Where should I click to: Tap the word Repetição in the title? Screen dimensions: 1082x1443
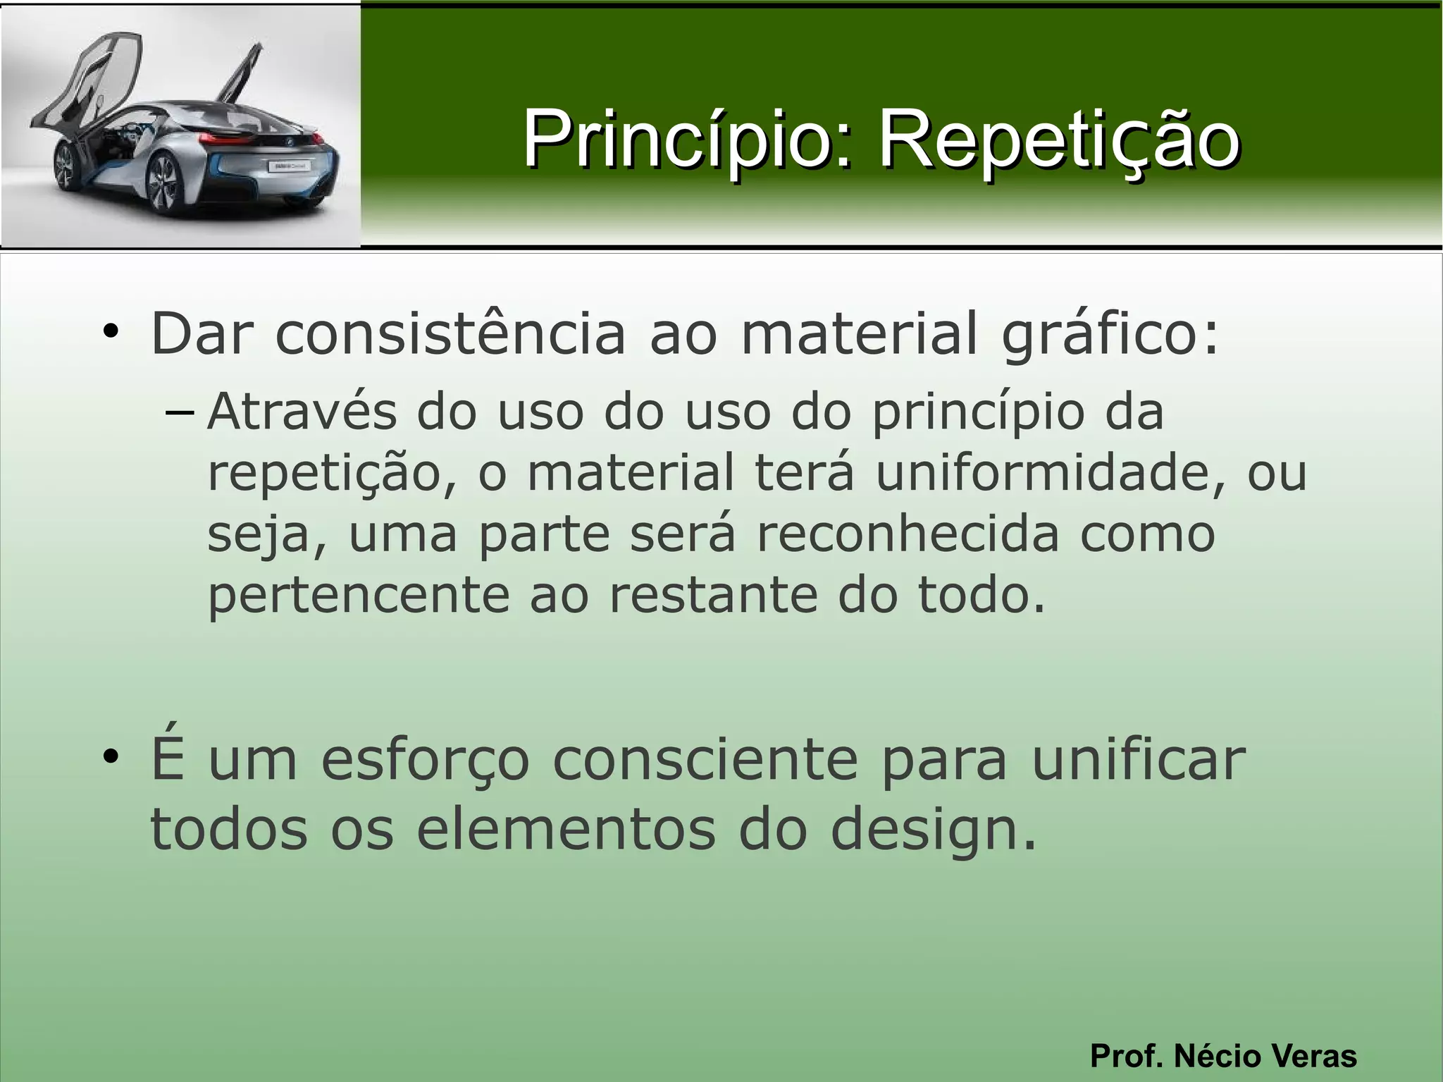click(1058, 139)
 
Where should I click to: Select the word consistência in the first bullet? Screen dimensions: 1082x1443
click(450, 333)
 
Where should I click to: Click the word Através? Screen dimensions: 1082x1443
click(302, 411)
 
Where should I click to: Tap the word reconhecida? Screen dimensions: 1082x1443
click(908, 534)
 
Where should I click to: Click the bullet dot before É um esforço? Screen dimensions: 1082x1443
click(110, 758)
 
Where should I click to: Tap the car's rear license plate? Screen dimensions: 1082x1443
click(288, 166)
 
